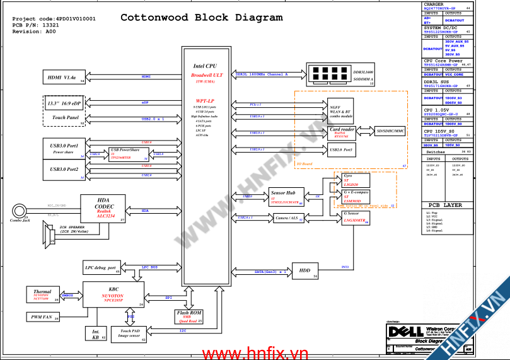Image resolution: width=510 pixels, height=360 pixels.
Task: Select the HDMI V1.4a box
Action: (63, 78)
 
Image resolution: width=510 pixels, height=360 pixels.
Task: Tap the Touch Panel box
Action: (63, 118)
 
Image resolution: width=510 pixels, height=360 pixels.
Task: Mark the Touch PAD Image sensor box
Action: (130, 334)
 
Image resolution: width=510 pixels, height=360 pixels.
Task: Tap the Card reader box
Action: (342, 131)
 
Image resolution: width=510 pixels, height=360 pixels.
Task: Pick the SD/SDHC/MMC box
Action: (391, 131)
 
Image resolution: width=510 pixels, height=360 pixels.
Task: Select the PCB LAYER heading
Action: (446, 205)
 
